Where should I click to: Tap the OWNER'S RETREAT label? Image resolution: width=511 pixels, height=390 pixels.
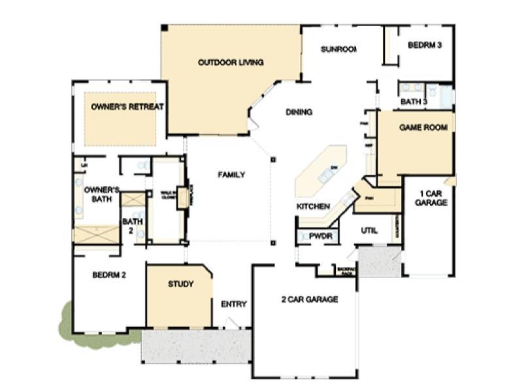point(127,106)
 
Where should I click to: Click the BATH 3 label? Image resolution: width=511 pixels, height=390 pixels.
point(414,101)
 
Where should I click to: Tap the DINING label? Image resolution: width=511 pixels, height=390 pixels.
point(299,112)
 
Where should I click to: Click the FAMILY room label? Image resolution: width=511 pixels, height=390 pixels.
point(231,175)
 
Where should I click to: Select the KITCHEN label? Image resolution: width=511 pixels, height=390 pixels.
point(313,206)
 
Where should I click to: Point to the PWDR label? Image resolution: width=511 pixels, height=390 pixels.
point(321,236)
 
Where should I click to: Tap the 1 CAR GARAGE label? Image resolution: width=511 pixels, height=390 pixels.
point(431,198)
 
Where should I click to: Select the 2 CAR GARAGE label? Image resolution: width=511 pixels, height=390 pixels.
point(309,300)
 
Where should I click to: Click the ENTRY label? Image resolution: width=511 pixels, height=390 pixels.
point(233,304)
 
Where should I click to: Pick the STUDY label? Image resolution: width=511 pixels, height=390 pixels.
point(180,284)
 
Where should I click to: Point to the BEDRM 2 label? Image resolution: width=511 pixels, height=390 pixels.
point(108,274)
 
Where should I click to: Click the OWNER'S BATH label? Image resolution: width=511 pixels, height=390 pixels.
point(101,194)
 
